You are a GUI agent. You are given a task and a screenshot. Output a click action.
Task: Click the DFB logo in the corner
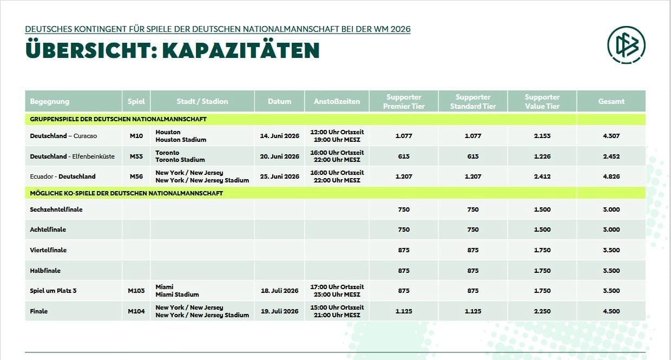click(626, 45)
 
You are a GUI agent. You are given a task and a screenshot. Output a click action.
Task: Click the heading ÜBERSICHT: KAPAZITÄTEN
click(172, 50)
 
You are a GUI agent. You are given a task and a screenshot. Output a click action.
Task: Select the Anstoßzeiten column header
click(337, 101)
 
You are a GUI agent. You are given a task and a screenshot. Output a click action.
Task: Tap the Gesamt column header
click(611, 101)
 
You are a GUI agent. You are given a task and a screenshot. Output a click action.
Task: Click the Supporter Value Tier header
click(542, 101)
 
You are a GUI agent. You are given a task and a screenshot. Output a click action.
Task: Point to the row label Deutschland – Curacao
click(63, 136)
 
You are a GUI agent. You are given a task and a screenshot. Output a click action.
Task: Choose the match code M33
click(136, 156)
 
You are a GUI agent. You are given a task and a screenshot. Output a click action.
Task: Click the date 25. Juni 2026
click(279, 176)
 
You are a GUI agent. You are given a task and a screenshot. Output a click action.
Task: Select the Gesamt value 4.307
click(611, 136)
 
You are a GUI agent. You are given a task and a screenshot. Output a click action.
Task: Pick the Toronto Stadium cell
click(180, 160)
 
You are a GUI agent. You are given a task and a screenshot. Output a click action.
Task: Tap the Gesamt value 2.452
click(611, 156)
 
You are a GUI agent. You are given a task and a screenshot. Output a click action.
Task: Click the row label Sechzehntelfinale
click(56, 210)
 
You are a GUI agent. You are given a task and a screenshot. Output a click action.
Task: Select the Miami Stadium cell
click(177, 294)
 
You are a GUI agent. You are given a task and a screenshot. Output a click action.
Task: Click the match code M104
click(136, 311)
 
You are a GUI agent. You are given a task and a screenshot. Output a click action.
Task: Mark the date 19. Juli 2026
click(279, 311)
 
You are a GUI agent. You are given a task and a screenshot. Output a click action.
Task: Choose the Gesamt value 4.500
click(611, 311)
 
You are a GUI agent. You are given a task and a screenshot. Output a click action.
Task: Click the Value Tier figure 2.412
click(542, 176)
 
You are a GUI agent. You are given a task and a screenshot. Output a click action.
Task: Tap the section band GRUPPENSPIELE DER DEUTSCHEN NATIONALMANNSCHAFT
click(118, 119)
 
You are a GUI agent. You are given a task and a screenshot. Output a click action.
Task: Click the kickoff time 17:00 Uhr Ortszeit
click(337, 287)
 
